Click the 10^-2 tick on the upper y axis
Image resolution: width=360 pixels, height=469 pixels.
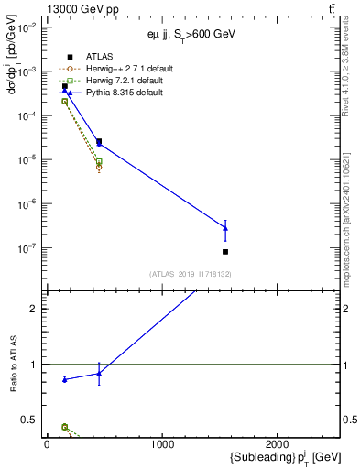click(27, 27)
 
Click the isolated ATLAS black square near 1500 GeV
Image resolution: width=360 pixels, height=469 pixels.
click(225, 252)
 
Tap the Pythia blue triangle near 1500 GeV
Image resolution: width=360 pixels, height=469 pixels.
click(225, 228)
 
